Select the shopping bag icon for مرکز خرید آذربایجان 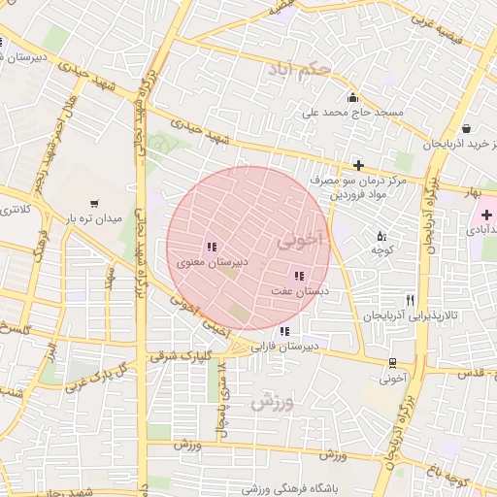click(x=467, y=128)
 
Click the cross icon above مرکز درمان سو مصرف click(x=358, y=166)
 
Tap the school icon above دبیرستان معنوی click(x=212, y=247)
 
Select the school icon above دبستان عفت click(x=298, y=277)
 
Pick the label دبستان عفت click(x=300, y=291)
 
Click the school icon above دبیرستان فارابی click(x=283, y=332)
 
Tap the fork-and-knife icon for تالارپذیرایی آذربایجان click(x=410, y=301)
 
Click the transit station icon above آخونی click(x=391, y=363)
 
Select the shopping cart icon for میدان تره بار click(x=93, y=204)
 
